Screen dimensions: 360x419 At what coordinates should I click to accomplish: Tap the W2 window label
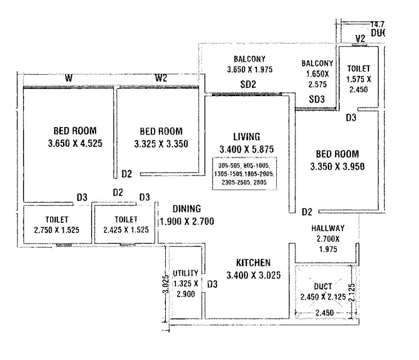pyautogui.click(x=161, y=78)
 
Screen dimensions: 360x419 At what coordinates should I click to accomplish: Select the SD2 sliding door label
pyautogui.click(x=248, y=85)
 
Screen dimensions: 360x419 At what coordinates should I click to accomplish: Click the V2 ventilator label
pyautogui.click(x=361, y=39)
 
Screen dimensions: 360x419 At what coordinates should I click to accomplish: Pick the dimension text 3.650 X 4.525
pyautogui.click(x=75, y=143)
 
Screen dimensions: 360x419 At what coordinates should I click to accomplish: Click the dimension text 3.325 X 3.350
pyautogui.click(x=161, y=144)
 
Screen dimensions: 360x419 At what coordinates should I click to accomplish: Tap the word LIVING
pyautogui.click(x=246, y=137)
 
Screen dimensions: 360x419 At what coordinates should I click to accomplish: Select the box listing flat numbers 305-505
pyautogui.click(x=246, y=175)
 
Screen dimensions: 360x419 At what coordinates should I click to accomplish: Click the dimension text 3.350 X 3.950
pyautogui.click(x=337, y=167)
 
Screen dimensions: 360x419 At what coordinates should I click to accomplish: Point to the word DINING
pyautogui.click(x=187, y=208)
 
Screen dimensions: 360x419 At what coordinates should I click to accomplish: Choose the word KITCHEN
pyautogui.click(x=253, y=263)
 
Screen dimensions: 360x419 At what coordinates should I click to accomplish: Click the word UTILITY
pyautogui.click(x=186, y=273)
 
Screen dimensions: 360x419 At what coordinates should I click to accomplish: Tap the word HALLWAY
pyautogui.click(x=328, y=228)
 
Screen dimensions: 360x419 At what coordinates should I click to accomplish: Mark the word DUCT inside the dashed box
pyautogui.click(x=324, y=285)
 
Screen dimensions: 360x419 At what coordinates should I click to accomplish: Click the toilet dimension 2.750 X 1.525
pyautogui.click(x=57, y=229)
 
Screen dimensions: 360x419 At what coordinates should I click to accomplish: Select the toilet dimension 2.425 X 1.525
pyautogui.click(x=126, y=229)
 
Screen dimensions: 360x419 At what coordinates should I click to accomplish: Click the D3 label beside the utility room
pyautogui.click(x=212, y=285)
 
